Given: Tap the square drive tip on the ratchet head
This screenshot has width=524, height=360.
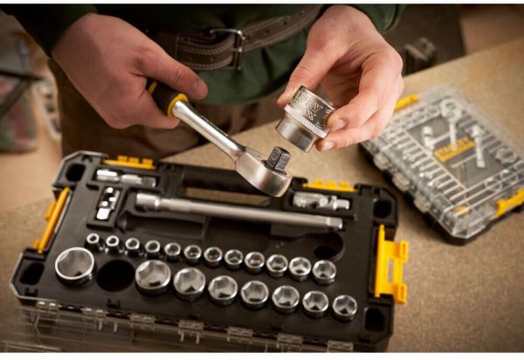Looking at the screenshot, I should pyautogui.click(x=278, y=159).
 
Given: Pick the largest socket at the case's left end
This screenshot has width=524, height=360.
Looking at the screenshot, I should pyautogui.click(x=74, y=266).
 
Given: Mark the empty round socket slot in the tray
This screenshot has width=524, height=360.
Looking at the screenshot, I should pyautogui.click(x=115, y=275).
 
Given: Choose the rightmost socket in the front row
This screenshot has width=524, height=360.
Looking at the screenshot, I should pyautogui.click(x=344, y=307).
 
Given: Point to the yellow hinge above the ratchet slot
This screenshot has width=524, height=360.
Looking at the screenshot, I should pyautogui.click(x=129, y=162).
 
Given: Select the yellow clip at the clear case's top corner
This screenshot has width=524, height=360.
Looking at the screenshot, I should pyautogui.click(x=406, y=101).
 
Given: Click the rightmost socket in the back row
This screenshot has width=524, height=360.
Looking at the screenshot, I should pyautogui.click(x=324, y=271).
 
